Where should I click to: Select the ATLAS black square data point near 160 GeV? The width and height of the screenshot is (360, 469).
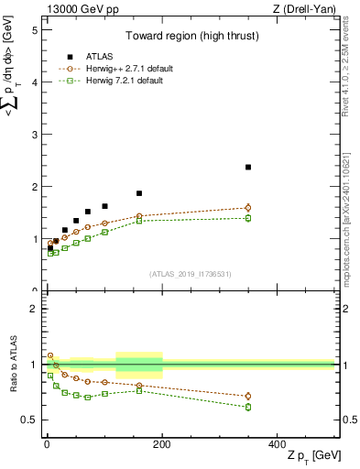tap(139, 193)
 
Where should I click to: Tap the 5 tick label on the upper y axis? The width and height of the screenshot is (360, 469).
tap(34, 30)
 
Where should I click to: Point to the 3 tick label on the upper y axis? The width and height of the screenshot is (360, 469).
tap(34, 135)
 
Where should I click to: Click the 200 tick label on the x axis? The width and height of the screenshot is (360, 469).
tap(162, 443)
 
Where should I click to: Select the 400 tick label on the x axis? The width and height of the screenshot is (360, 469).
tap(278, 443)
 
